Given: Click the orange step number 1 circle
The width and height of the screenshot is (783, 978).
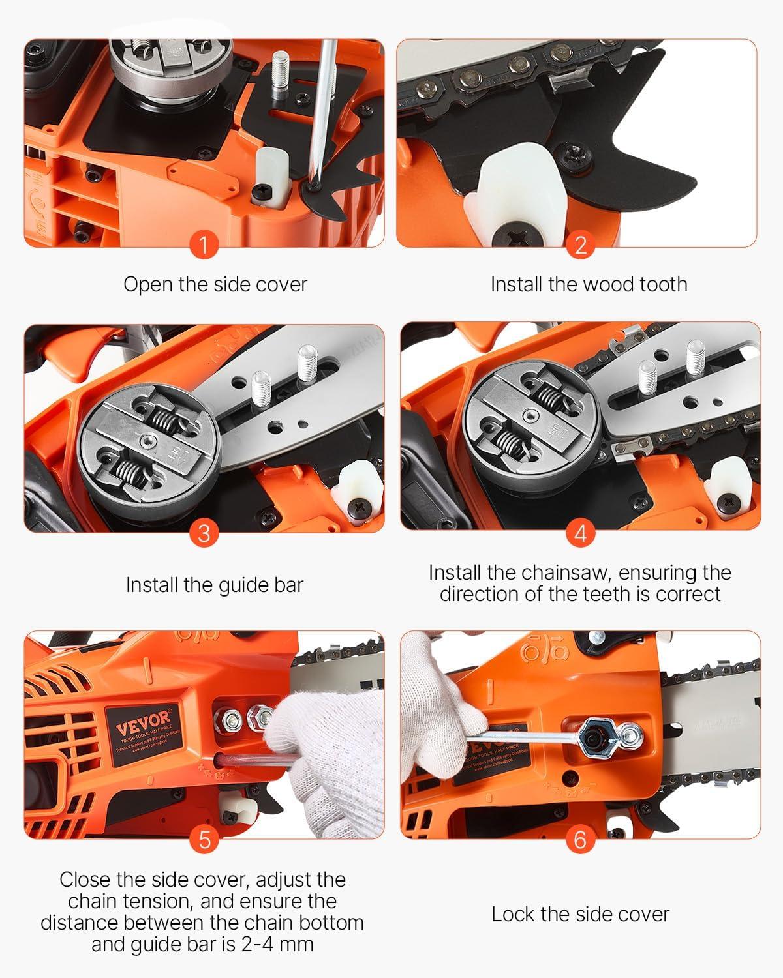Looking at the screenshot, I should point(204,246).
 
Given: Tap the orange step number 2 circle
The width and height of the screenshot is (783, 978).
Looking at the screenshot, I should point(580,246).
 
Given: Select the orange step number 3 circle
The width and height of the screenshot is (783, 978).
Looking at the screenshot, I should point(204,533).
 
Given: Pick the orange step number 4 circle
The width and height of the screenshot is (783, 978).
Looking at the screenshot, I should point(580,533).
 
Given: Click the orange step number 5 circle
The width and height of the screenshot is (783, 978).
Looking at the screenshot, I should point(204,839).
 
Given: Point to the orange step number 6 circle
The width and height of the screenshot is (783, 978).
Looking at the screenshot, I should point(580,839).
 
